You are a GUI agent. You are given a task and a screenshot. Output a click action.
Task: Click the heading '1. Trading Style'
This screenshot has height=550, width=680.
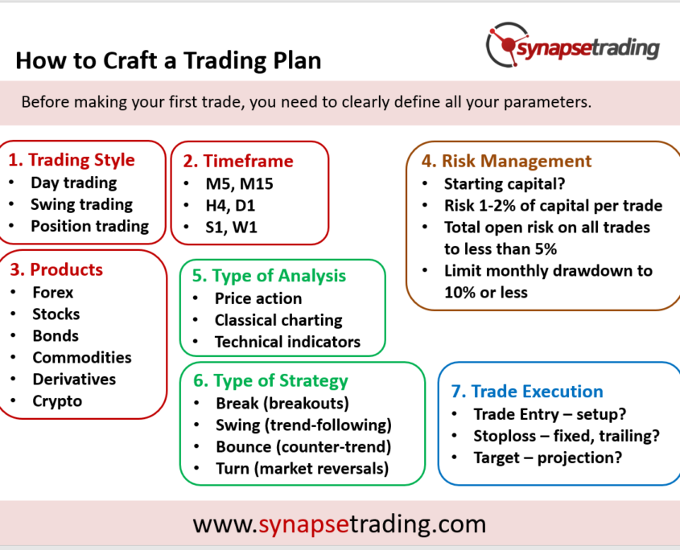coord(72,160)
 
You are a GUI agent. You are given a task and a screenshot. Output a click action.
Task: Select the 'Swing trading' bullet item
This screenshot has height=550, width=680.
coord(81,204)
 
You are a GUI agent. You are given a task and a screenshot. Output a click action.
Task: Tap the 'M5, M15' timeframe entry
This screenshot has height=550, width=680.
coord(239,184)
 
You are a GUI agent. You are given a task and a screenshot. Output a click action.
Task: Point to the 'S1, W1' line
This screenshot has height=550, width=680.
coord(231,227)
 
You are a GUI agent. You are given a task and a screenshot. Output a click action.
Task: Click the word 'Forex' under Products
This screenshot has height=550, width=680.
coord(53,293)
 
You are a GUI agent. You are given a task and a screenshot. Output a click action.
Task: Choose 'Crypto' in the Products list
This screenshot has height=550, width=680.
coord(57,401)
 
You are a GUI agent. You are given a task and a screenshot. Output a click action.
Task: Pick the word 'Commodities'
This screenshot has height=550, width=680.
coord(82,358)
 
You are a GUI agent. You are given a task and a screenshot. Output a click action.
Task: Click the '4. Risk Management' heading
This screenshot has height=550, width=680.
coord(506,161)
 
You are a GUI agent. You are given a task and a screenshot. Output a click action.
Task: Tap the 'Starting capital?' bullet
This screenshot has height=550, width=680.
coord(505,184)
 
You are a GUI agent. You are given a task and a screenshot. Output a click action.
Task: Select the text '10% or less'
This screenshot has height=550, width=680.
coord(486,293)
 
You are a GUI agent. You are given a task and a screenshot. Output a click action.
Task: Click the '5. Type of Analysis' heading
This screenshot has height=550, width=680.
coord(269,276)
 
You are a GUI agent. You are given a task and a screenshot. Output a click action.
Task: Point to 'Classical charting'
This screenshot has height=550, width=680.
coord(278,320)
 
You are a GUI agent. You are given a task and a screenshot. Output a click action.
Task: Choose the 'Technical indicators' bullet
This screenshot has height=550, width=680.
coord(287,342)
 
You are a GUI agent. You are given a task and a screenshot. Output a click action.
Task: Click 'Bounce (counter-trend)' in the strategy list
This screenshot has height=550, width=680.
coord(303,447)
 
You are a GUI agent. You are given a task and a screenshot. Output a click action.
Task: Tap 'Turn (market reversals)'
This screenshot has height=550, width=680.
coord(303,469)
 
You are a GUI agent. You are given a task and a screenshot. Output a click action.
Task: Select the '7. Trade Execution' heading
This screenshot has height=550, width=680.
coord(527,392)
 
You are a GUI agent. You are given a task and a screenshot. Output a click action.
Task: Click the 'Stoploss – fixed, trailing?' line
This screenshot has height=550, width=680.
coord(567,436)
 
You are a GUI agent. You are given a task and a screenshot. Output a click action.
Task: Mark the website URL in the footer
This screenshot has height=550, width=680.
coord(340,524)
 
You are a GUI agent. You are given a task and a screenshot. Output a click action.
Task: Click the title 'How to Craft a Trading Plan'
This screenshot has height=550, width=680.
coord(168,60)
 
